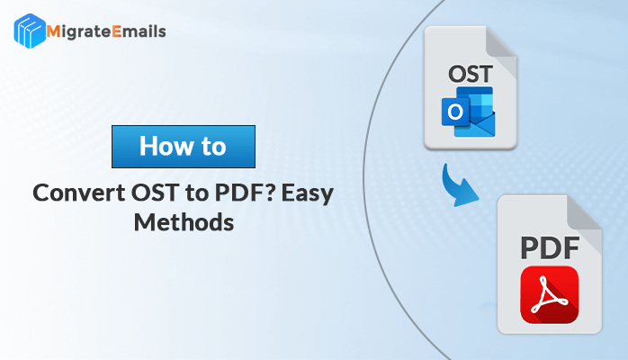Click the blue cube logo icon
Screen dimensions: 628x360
[29, 31]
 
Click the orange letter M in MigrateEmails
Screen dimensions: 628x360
[53, 31]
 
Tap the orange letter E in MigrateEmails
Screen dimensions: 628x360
[117, 31]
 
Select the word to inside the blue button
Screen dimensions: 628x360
[214, 147]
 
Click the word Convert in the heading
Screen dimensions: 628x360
[79, 193]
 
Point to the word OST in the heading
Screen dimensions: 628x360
[156, 193]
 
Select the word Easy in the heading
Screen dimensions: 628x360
[308, 194]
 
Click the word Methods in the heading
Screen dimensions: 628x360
[184, 222]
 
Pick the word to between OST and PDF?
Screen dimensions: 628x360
[197, 193]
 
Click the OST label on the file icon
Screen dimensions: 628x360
[471, 74]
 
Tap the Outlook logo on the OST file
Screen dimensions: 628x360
[468, 112]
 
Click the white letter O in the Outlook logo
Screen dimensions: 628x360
[455, 112]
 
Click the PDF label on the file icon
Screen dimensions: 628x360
[550, 248]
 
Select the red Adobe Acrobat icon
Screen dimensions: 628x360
[550, 294]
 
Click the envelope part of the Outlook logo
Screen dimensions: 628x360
[480, 125]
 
